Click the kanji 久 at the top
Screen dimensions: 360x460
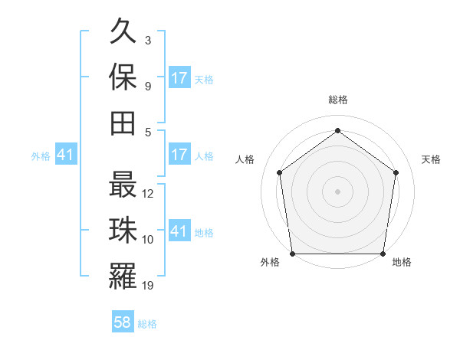coord(123,33)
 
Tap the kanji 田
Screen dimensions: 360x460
coord(123,123)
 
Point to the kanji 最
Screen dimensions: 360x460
coord(123,187)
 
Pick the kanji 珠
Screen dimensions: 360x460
coord(123,231)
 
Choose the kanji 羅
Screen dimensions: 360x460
coord(123,277)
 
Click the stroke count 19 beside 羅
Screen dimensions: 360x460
coord(149,286)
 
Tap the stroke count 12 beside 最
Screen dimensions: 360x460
coord(149,194)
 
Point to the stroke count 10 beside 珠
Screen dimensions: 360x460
coord(149,240)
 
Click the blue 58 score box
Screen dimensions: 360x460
coord(123,322)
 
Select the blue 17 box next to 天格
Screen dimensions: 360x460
coord(179,78)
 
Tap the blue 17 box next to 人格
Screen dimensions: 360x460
coord(179,155)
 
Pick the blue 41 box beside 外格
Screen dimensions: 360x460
coord(65,155)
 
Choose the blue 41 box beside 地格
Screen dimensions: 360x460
coord(179,231)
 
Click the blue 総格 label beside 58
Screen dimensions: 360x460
coord(147,324)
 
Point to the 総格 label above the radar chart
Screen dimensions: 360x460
coord(337,100)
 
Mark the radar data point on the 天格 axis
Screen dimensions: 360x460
coord(396,172)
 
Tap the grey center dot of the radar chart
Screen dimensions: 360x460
coord(337,191)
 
